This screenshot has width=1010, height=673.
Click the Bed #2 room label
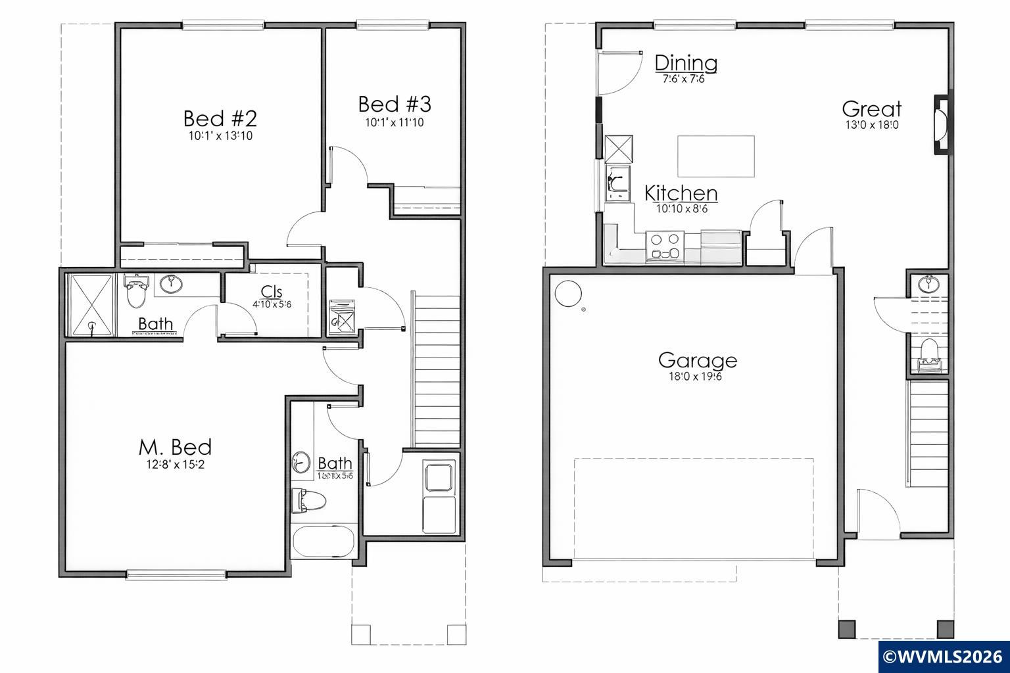pos(220,119)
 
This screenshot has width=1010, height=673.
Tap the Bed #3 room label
pos(395,104)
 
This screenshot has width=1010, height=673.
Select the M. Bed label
pos(175,447)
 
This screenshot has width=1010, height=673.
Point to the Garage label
pos(698,360)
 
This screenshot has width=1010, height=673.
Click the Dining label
pos(686,63)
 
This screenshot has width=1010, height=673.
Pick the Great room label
pos(871,109)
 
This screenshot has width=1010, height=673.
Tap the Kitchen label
pos(681,193)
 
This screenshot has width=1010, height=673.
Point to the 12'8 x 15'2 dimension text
pos(175,465)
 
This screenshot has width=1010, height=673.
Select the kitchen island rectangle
pos(716,156)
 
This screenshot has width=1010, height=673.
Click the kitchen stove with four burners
pos(665,247)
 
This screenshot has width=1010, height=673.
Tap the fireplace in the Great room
pos(942,125)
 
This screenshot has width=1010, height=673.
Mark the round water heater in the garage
pos(567,293)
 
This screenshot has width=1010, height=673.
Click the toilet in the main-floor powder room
pos(929,353)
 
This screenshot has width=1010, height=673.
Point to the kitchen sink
pos(617,183)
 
